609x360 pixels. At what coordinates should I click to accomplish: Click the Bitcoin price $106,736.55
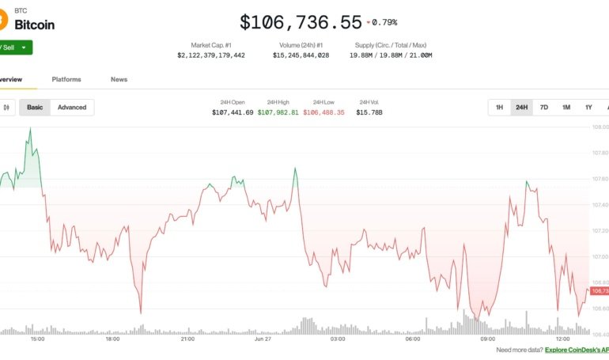[301, 22]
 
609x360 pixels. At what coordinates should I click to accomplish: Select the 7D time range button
[544, 107]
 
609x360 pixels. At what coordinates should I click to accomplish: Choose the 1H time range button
[499, 107]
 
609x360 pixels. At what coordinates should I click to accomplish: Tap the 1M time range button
[566, 107]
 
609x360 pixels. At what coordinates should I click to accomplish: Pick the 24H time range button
[521, 107]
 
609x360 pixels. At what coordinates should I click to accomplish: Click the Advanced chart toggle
[72, 107]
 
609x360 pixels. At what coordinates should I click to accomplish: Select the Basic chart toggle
[35, 107]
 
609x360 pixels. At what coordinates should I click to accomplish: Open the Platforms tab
[66, 79]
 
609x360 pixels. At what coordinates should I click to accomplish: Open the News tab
[119, 79]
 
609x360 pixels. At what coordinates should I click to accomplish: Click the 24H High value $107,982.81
[278, 112]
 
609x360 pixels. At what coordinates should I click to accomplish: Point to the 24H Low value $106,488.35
[324, 112]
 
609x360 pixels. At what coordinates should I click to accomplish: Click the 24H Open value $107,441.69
[233, 112]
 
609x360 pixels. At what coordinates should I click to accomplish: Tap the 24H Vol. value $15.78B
[369, 112]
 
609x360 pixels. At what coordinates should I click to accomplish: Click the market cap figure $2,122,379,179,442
[211, 55]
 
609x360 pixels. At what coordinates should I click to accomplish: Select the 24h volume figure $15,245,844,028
[301, 55]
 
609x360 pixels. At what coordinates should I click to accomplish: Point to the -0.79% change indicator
[382, 22]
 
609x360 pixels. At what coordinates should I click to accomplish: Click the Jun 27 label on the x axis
[263, 339]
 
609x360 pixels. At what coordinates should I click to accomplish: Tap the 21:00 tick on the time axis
[187, 339]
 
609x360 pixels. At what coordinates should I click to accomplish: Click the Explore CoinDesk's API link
[577, 349]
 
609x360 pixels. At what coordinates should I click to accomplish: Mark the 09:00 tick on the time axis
[488, 339]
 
